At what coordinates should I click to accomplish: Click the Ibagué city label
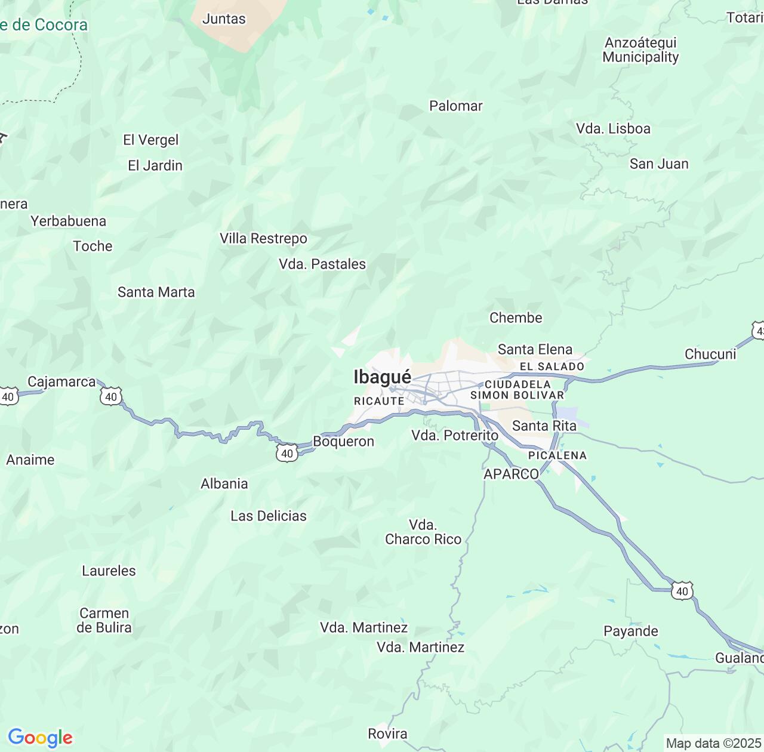tap(382, 377)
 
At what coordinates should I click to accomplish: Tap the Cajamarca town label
tap(61, 382)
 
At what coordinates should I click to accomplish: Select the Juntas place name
tap(224, 19)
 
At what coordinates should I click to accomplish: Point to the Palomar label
tap(455, 106)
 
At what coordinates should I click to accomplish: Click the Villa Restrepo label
tap(263, 239)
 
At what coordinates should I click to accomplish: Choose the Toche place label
tap(93, 246)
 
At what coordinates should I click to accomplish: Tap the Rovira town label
tap(387, 734)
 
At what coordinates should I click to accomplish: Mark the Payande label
tap(631, 631)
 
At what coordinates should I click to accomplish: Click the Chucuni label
tap(710, 355)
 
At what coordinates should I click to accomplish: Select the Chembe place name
tap(516, 318)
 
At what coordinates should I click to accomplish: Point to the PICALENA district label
tap(557, 455)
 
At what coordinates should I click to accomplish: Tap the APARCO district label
tap(511, 474)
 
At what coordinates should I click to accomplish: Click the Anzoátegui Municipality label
tap(640, 50)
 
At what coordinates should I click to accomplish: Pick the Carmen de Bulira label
tap(104, 621)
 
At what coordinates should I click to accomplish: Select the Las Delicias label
tap(269, 516)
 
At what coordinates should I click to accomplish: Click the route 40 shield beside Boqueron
tap(287, 454)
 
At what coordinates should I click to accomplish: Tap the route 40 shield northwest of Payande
tap(682, 591)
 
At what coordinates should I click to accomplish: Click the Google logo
tap(40, 738)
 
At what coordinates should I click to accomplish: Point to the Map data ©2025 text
tap(713, 744)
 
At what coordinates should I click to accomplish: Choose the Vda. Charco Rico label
tap(423, 532)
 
